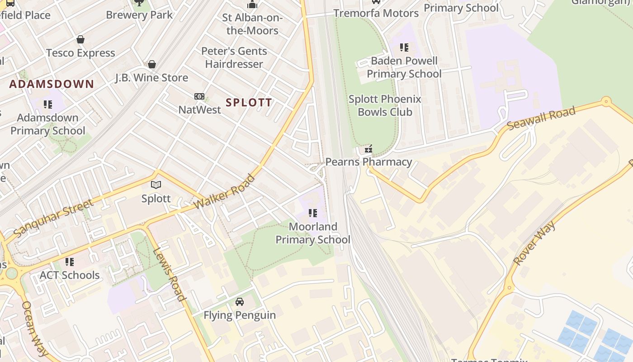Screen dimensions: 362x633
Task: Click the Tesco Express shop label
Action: click(80, 53)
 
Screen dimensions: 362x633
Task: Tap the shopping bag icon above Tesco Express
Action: click(80, 40)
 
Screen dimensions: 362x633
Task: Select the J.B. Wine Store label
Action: click(151, 77)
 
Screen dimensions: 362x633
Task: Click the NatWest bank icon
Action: click(199, 96)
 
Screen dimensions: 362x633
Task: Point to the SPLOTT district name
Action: click(249, 102)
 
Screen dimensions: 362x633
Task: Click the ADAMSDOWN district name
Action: click(52, 84)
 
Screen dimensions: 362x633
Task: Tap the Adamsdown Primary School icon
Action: click(48, 105)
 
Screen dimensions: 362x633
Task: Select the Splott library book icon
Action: click(156, 185)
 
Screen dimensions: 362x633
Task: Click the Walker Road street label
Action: click(225, 192)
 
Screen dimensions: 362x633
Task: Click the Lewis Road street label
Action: click(169, 275)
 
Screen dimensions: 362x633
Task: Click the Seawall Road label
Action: click(541, 118)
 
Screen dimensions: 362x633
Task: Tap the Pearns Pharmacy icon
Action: click(368, 148)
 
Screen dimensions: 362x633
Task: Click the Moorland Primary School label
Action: click(313, 233)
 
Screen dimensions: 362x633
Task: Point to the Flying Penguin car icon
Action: click(240, 302)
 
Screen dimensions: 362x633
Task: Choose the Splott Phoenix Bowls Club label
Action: click(385, 105)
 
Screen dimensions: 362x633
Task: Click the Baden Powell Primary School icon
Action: click(404, 48)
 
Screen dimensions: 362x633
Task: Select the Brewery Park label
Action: click(139, 14)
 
